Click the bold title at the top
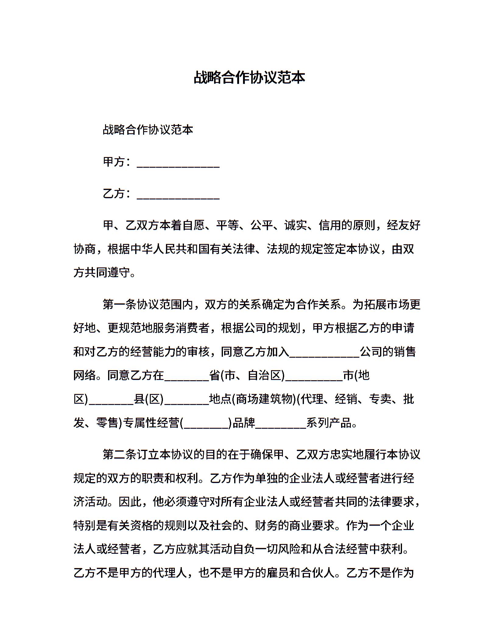[x=249, y=78]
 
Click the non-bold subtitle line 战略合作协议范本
[x=148, y=130]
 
